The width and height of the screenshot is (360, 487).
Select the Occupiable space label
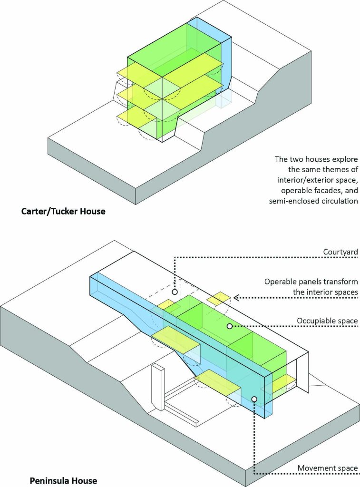[327, 321]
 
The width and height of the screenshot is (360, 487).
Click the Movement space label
[328, 468]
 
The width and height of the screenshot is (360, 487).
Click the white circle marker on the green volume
[229, 326]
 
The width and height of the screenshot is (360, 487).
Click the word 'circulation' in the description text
[338, 200]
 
